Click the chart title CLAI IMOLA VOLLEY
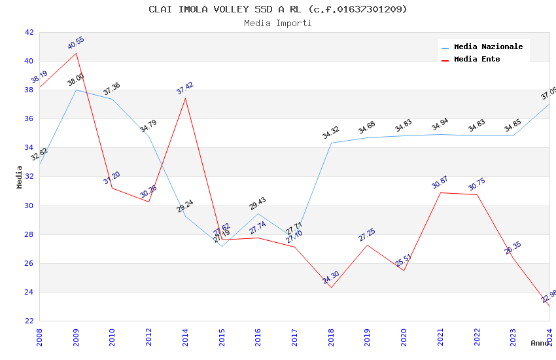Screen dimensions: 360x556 [x=277, y=9]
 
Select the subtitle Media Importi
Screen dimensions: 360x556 [x=277, y=23]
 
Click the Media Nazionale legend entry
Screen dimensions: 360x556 [x=488, y=47]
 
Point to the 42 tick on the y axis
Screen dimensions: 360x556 [x=29, y=32]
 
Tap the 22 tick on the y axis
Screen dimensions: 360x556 [x=29, y=321]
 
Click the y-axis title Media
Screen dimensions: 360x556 [x=20, y=177]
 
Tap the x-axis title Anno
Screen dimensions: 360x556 [x=539, y=343]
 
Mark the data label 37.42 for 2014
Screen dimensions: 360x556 [x=185, y=88]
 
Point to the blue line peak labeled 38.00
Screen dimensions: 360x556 [x=76, y=80]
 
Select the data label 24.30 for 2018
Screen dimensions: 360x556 [x=331, y=278]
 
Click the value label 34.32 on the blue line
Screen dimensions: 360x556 [x=331, y=133]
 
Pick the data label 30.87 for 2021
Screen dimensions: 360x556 [x=440, y=183]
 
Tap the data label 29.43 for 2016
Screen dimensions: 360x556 [x=258, y=204]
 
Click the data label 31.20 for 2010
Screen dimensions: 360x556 [x=112, y=178]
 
